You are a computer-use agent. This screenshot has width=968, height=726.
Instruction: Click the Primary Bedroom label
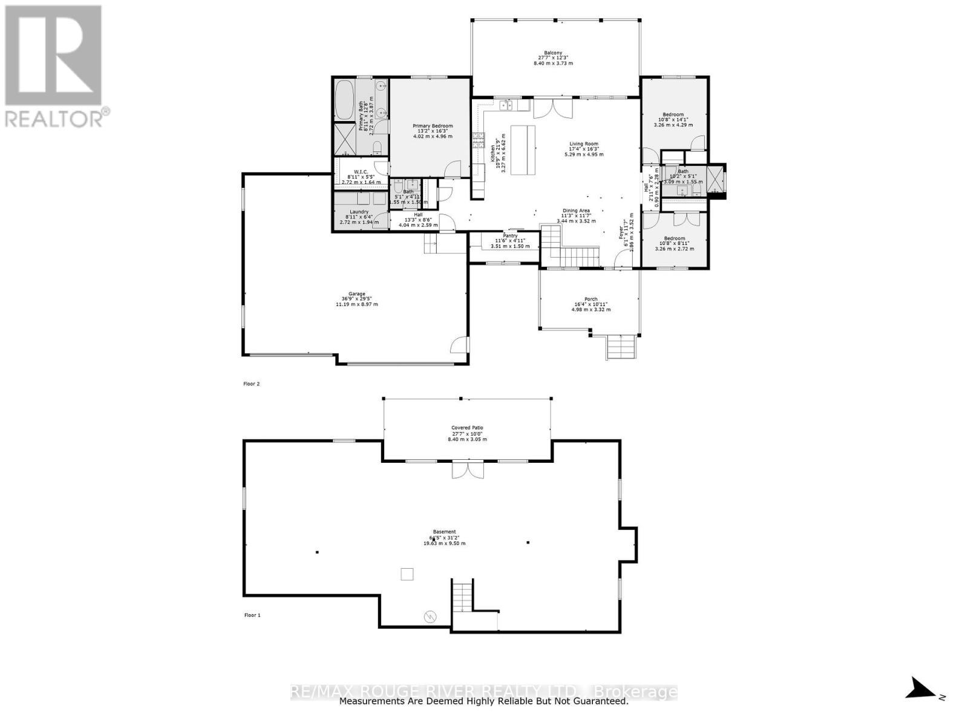pos(433,126)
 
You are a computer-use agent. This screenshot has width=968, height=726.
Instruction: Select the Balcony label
pos(553,53)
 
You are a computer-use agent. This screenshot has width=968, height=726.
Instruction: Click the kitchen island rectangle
pos(524,149)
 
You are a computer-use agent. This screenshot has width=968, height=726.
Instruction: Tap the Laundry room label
pos(359,212)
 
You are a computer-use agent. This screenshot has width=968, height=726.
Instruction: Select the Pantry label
pos(510,236)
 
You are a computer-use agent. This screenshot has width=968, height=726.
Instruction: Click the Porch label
pos(590,299)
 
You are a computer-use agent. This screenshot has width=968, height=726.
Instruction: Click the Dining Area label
pos(576,211)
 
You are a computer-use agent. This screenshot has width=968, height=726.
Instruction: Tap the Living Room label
pos(583,144)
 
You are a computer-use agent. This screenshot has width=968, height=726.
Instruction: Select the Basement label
pos(444,532)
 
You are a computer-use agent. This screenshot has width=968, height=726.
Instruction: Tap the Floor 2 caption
pos(252,384)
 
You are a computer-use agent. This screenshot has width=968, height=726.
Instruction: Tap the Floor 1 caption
pos(252,615)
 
